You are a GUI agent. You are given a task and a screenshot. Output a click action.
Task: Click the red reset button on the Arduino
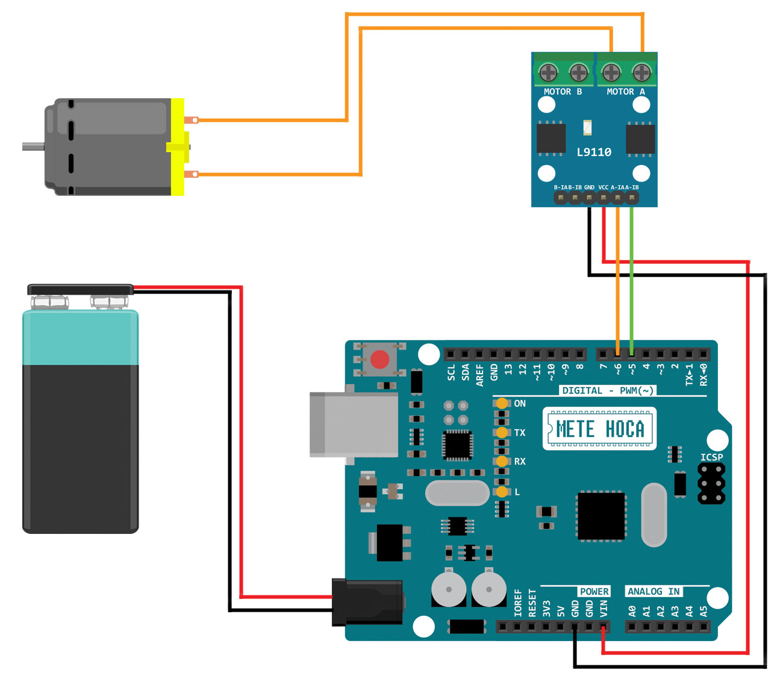coord(379,360)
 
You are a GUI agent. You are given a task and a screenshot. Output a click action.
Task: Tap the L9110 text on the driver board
coord(594,152)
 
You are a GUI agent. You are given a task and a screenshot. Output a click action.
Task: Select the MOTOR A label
coord(626,92)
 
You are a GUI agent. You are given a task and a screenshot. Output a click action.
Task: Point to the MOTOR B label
coord(563,92)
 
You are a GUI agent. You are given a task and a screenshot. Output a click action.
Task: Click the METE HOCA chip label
coord(600,429)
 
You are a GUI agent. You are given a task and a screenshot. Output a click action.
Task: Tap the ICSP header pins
coord(711,483)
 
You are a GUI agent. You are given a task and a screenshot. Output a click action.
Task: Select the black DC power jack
coord(367,602)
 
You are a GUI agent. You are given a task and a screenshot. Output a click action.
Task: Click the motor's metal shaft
coord(33,146)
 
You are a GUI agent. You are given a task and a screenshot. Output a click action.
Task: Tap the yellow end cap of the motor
coord(177,147)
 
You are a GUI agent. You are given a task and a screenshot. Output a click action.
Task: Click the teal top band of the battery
coord(81,338)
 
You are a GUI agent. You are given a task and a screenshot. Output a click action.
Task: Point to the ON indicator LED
coord(501,403)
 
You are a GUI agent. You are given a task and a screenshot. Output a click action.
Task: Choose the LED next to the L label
coord(501,492)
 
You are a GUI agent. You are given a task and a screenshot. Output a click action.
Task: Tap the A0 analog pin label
coord(632,610)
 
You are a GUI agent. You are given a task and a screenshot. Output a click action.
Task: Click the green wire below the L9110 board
coord(631,277)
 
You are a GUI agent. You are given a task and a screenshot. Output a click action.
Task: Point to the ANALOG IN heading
coord(654,591)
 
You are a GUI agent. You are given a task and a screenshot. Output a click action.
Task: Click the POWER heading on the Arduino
coord(594,591)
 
